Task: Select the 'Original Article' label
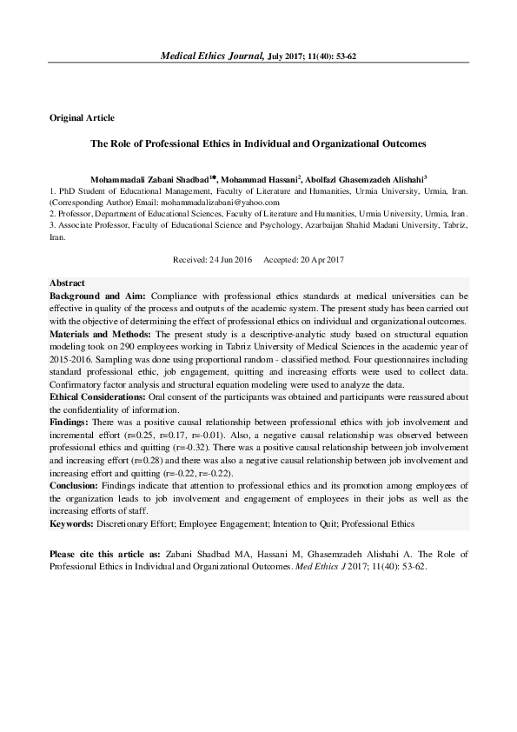(x=82, y=117)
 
